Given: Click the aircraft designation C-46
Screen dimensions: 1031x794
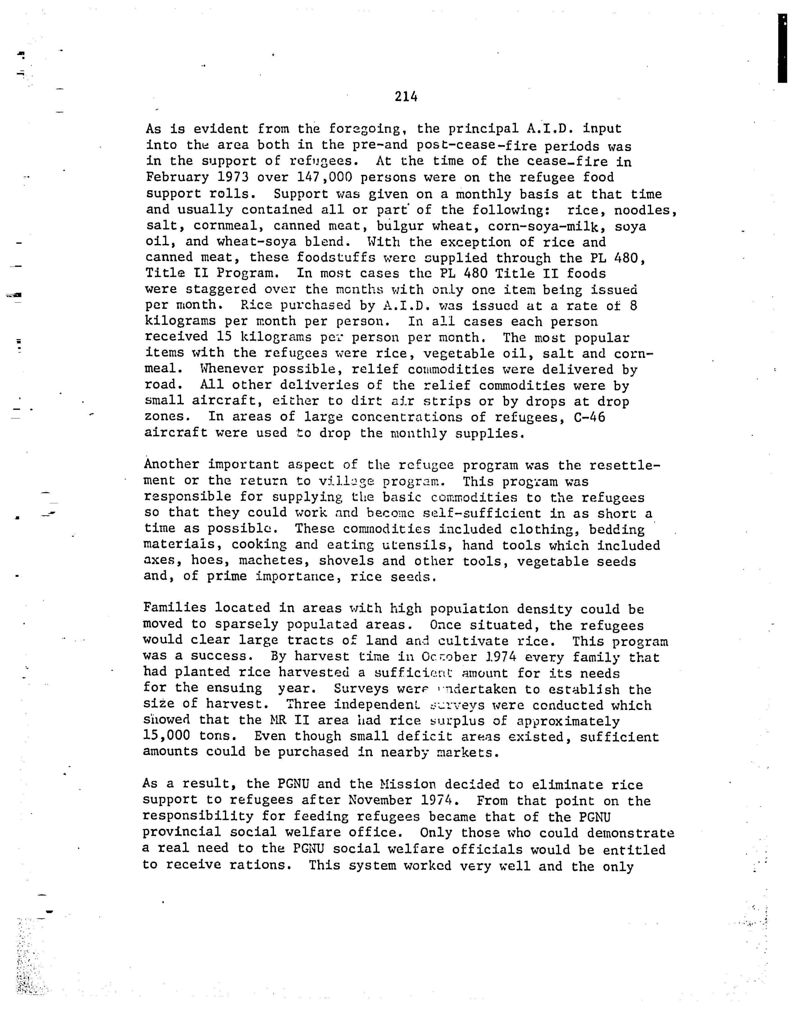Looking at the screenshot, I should tap(589, 417).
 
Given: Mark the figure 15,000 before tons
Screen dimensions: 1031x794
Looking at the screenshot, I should tap(166, 736).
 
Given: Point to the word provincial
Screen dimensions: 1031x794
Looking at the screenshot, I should tap(181, 832).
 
